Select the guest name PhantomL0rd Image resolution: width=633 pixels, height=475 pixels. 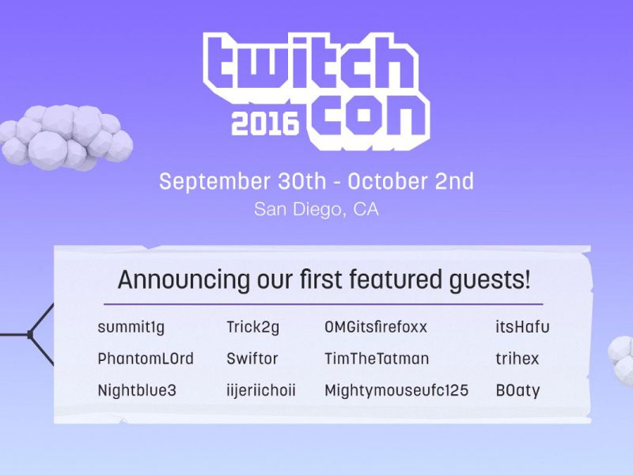(x=146, y=359)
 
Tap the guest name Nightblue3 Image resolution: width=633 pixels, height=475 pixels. (x=137, y=390)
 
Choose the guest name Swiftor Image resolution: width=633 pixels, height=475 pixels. (x=252, y=359)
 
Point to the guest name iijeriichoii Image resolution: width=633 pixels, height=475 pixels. (x=261, y=390)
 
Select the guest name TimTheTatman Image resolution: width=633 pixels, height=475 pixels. (x=377, y=359)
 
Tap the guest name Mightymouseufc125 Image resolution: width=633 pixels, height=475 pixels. (x=396, y=390)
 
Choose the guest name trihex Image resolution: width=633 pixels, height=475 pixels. (x=517, y=359)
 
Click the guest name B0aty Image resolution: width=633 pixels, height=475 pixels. (x=517, y=390)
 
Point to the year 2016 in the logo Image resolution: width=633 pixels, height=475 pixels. (x=264, y=123)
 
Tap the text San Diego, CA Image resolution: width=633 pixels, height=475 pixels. (x=316, y=210)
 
